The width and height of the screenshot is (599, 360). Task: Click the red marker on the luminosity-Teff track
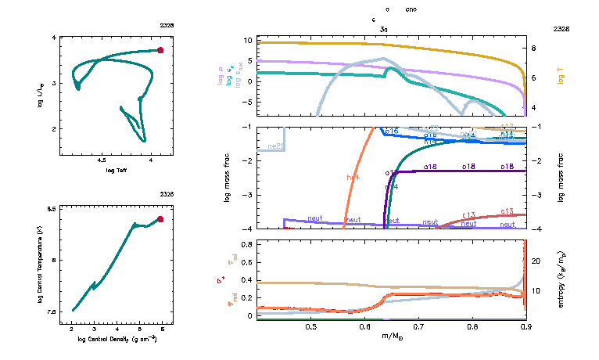[x=160, y=50]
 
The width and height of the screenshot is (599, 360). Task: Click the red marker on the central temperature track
[x=160, y=219]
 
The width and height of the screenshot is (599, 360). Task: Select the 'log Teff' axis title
[x=117, y=170]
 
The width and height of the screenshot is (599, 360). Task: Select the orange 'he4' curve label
[x=353, y=178]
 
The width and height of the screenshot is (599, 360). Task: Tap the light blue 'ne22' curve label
[x=275, y=146]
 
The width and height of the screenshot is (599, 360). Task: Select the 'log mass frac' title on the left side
[x=228, y=178]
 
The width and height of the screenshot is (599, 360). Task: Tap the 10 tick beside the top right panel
[x=247, y=39]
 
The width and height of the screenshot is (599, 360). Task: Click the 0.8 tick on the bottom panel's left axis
[x=246, y=244]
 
